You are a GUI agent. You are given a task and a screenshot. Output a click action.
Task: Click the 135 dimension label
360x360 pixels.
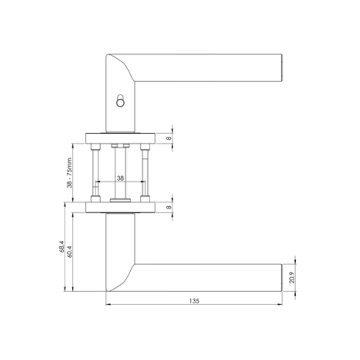point(194,301)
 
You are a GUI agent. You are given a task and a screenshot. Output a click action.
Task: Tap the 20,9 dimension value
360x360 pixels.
point(292,278)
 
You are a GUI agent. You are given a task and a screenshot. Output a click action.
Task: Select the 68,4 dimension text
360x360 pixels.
point(62,246)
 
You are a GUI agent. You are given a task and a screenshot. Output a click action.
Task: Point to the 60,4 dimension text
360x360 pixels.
point(69,252)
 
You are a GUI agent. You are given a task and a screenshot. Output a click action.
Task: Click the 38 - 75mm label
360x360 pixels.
point(69,173)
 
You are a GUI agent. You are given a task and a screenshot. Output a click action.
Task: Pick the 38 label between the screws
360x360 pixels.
point(120,178)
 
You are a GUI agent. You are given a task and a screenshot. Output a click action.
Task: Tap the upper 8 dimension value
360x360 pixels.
point(169,138)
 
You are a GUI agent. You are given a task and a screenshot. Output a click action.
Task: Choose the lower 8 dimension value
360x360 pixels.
point(169,207)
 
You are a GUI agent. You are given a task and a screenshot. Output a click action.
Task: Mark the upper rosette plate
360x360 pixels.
point(120,138)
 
